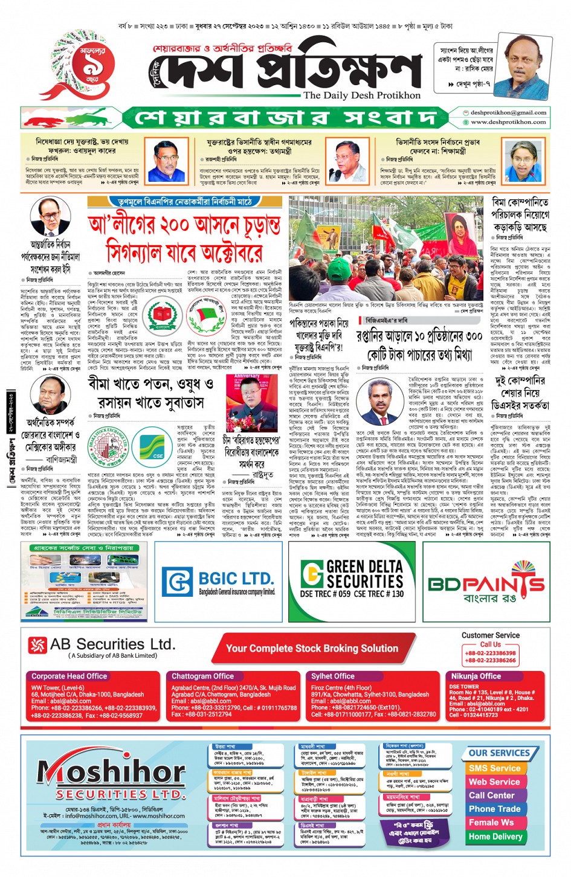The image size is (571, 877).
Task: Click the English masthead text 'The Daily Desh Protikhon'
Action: pyautogui.click(x=362, y=95)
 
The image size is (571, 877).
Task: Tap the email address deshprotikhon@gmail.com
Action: pyautogui.click(x=508, y=112)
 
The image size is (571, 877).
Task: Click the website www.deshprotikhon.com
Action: pyautogui.click(x=508, y=122)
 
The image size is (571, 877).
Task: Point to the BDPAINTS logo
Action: pyautogui.click(x=486, y=582)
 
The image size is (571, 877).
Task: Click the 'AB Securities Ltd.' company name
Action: pyautogui.click(x=112, y=644)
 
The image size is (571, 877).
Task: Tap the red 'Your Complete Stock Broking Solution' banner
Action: pyautogui.click(x=312, y=649)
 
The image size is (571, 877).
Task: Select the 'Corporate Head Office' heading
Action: pyautogui.click(x=69, y=676)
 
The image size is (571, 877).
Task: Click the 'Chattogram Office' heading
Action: pyautogui.click(x=202, y=676)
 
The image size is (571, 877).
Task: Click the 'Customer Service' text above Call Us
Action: pyautogui.click(x=490, y=635)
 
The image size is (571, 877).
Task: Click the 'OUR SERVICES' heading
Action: pyautogui.click(x=499, y=753)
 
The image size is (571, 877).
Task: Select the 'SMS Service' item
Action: pyautogui.click(x=494, y=768)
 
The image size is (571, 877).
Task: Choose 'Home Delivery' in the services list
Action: pyautogui.click(x=495, y=837)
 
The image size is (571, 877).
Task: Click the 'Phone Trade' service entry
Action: pyautogui.click(x=494, y=809)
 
